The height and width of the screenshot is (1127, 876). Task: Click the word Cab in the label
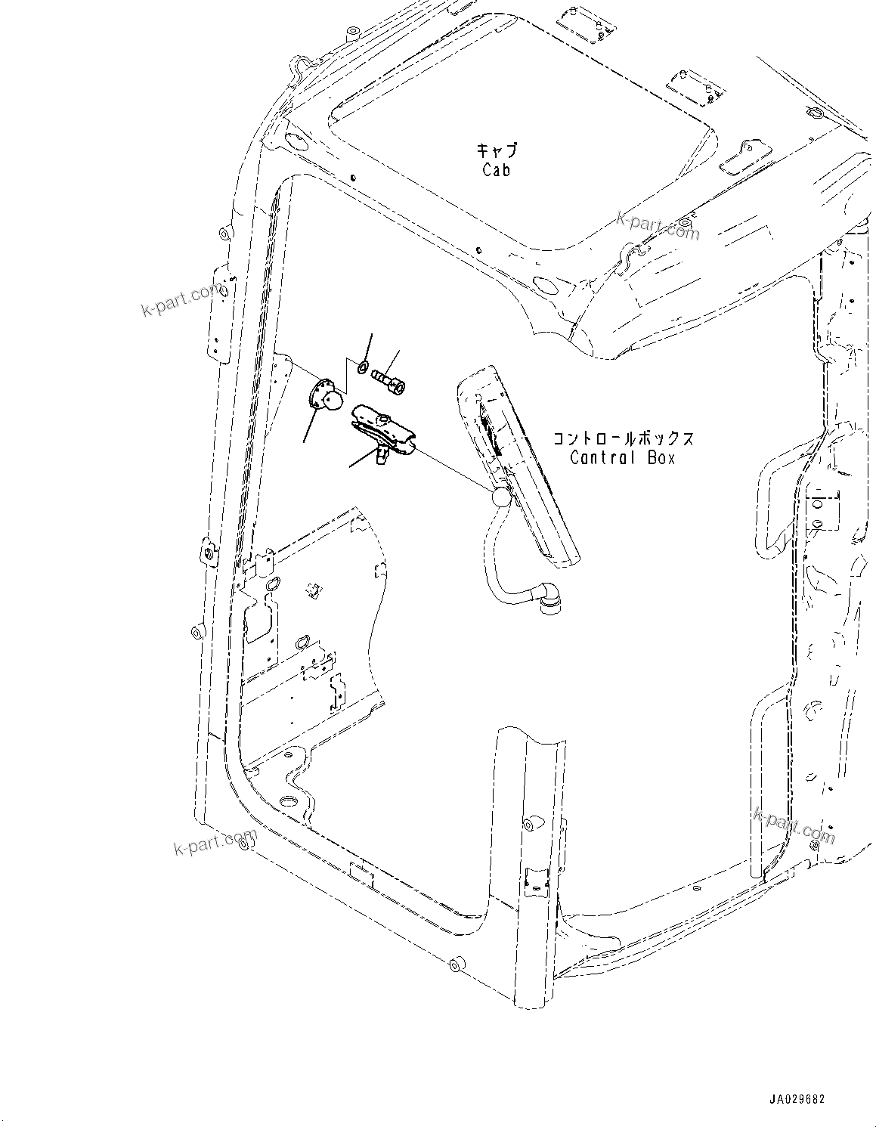[496, 170]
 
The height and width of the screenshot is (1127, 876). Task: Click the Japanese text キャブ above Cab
[497, 150]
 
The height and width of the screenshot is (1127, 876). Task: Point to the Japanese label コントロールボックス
[623, 438]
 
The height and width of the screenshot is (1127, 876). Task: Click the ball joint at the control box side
[500, 498]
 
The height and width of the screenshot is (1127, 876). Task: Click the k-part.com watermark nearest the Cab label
[658, 225]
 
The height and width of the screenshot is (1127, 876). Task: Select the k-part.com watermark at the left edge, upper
[182, 300]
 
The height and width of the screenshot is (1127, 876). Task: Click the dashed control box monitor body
[522, 469]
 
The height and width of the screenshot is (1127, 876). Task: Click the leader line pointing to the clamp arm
[362, 458]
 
